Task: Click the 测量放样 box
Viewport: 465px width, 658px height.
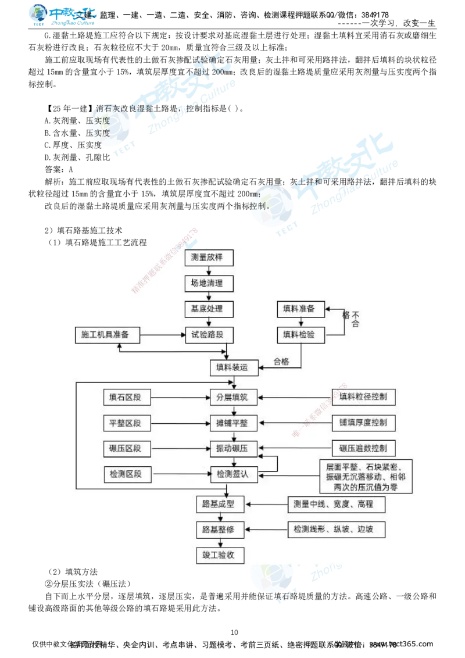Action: tap(208, 258)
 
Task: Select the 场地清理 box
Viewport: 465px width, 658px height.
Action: tap(208, 283)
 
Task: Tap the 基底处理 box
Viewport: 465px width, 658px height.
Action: tap(208, 309)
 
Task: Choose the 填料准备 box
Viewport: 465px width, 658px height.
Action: tap(299, 309)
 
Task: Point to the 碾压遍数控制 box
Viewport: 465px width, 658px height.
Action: tap(363, 449)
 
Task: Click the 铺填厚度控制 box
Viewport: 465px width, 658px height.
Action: tap(363, 423)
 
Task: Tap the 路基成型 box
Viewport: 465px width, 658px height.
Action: tap(219, 505)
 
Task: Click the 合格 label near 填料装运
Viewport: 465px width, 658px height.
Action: tap(281, 362)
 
